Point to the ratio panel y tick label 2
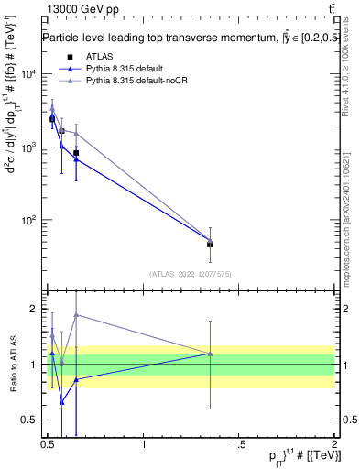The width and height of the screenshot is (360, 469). tap(35, 309)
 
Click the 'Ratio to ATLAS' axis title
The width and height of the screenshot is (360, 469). tap(12, 365)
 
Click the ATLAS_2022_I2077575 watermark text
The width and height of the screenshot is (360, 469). tap(191, 273)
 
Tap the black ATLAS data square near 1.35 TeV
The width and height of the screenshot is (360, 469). tap(211, 245)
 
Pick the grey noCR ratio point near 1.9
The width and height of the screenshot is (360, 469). tap(76, 314)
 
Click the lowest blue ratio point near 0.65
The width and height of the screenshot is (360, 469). tap(61, 402)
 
